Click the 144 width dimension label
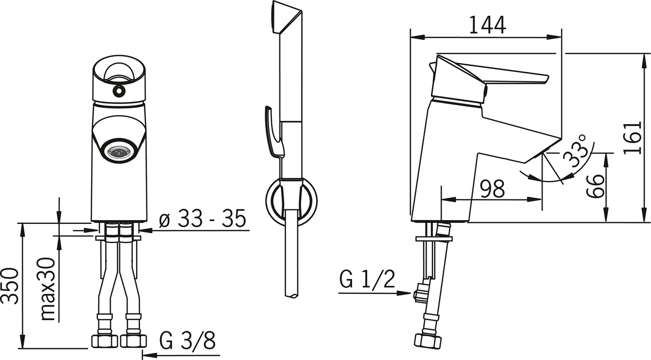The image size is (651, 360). coord(488,25)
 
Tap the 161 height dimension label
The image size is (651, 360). coord(633,137)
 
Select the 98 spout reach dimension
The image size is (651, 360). coord(492,189)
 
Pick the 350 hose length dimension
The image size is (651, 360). coord(10,286)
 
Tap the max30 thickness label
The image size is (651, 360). coord(48,290)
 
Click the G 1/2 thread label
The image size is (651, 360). coord(367,279)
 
